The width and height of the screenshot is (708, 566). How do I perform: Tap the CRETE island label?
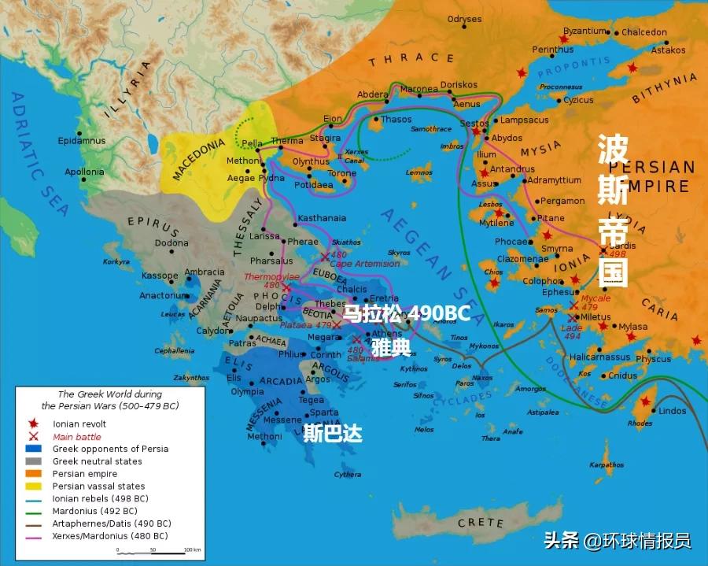(x=481, y=523)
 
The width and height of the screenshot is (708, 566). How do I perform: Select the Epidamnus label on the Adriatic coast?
(x=81, y=141)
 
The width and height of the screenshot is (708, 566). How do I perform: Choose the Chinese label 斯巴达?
(x=333, y=434)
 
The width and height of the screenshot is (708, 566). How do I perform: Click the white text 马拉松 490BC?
(x=407, y=314)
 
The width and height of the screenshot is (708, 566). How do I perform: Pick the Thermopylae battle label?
(x=271, y=277)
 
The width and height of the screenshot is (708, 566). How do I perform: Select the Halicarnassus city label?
(x=600, y=357)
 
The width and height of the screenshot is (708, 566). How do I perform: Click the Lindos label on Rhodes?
(x=673, y=411)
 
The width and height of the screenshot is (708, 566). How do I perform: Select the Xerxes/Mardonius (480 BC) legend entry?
(x=109, y=536)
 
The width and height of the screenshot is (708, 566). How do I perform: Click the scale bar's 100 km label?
(x=191, y=549)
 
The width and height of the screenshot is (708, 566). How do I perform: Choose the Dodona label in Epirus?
(x=171, y=244)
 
